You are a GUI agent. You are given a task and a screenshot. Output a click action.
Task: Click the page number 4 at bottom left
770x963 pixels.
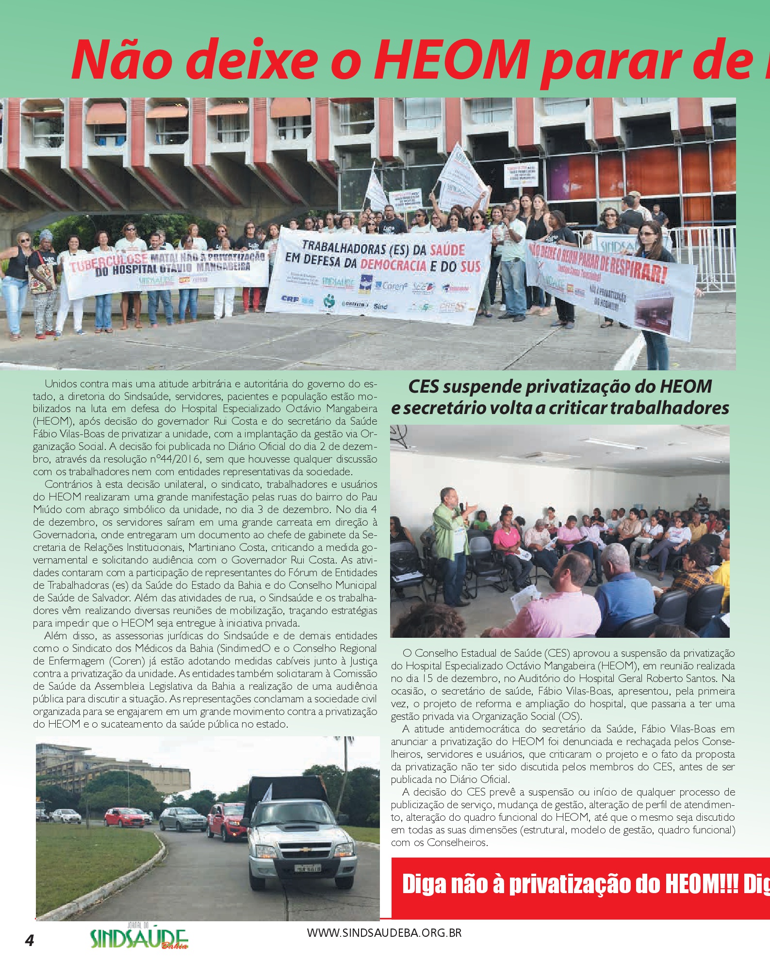point(30,940)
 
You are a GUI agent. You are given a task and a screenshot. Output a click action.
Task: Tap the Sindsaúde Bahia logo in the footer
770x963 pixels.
point(139,938)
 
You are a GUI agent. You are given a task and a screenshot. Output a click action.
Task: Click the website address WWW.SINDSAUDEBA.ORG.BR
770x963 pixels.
point(384,932)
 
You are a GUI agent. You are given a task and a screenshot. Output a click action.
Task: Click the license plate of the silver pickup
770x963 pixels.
point(307,868)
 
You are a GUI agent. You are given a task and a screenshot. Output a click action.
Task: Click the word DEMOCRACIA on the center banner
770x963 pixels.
point(393,265)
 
